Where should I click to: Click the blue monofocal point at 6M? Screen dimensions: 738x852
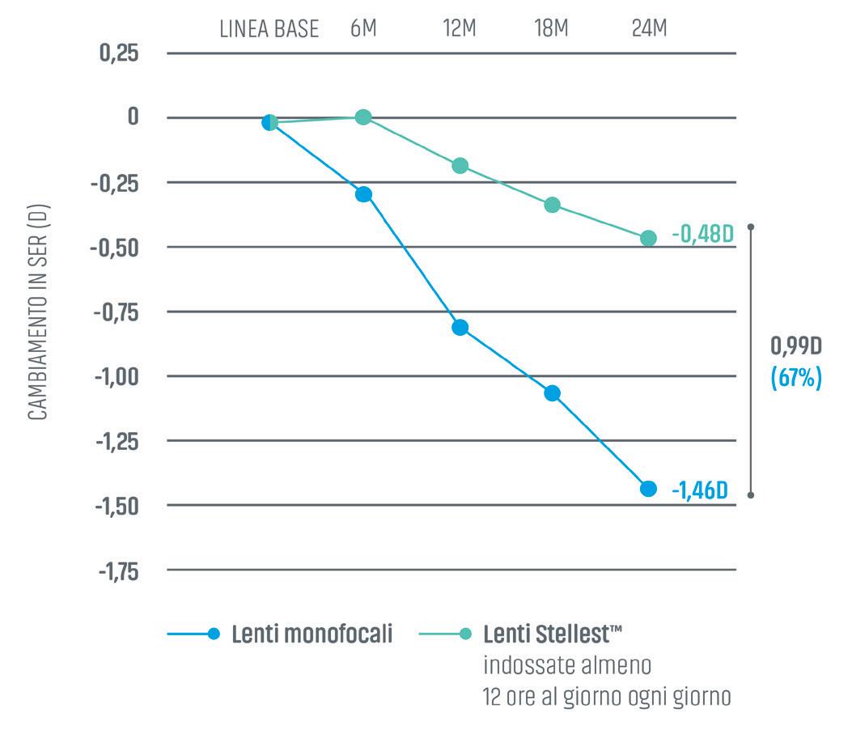click(363, 194)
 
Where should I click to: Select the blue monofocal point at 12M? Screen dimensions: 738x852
click(460, 328)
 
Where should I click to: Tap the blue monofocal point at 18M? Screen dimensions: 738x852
click(553, 393)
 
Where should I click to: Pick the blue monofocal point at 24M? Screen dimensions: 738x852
click(648, 489)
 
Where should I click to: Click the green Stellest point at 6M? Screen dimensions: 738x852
click(363, 117)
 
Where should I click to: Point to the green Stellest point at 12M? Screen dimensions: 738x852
click(460, 166)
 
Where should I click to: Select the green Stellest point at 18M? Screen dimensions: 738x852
click(553, 205)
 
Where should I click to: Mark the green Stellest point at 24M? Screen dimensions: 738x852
click(648, 238)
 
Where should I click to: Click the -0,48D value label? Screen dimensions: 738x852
click(702, 235)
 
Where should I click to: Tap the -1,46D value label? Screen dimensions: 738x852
click(699, 490)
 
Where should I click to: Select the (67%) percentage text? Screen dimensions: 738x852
click(796, 379)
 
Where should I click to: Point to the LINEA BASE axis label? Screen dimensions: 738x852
click(269, 30)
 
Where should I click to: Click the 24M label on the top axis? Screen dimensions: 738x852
click(649, 30)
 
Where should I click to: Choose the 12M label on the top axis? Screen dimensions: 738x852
click(460, 30)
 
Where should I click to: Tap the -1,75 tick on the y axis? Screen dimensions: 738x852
click(119, 571)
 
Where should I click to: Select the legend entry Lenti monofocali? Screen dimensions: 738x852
click(312, 634)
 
